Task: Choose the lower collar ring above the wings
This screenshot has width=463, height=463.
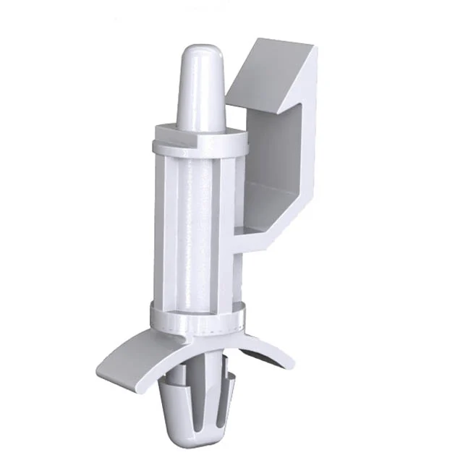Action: (197, 315)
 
